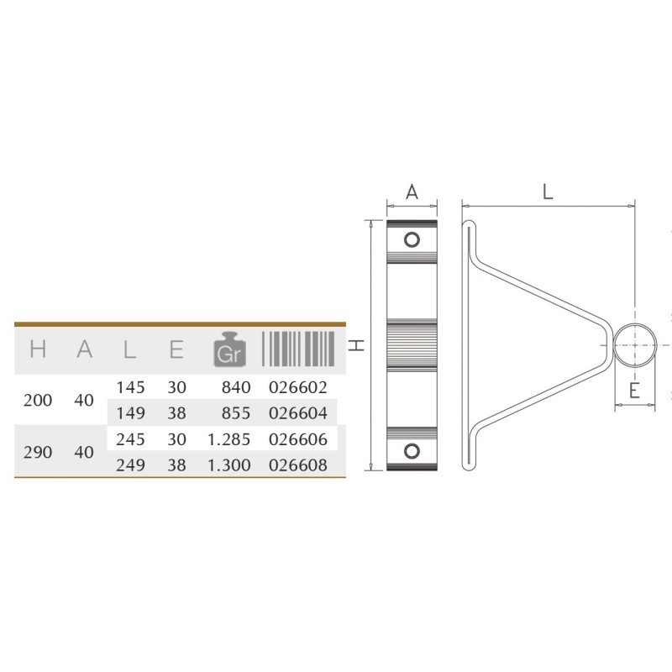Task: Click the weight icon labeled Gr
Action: [x=229, y=349]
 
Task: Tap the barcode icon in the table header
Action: [x=298, y=349]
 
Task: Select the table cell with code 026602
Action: [x=298, y=387]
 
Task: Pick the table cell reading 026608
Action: [x=298, y=465]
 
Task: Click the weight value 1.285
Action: [x=228, y=439]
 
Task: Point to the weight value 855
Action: [x=236, y=413]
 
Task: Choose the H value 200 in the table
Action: [x=38, y=401]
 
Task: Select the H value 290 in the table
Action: [x=38, y=452]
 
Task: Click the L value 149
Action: [x=131, y=413]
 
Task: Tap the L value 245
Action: [x=131, y=439]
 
